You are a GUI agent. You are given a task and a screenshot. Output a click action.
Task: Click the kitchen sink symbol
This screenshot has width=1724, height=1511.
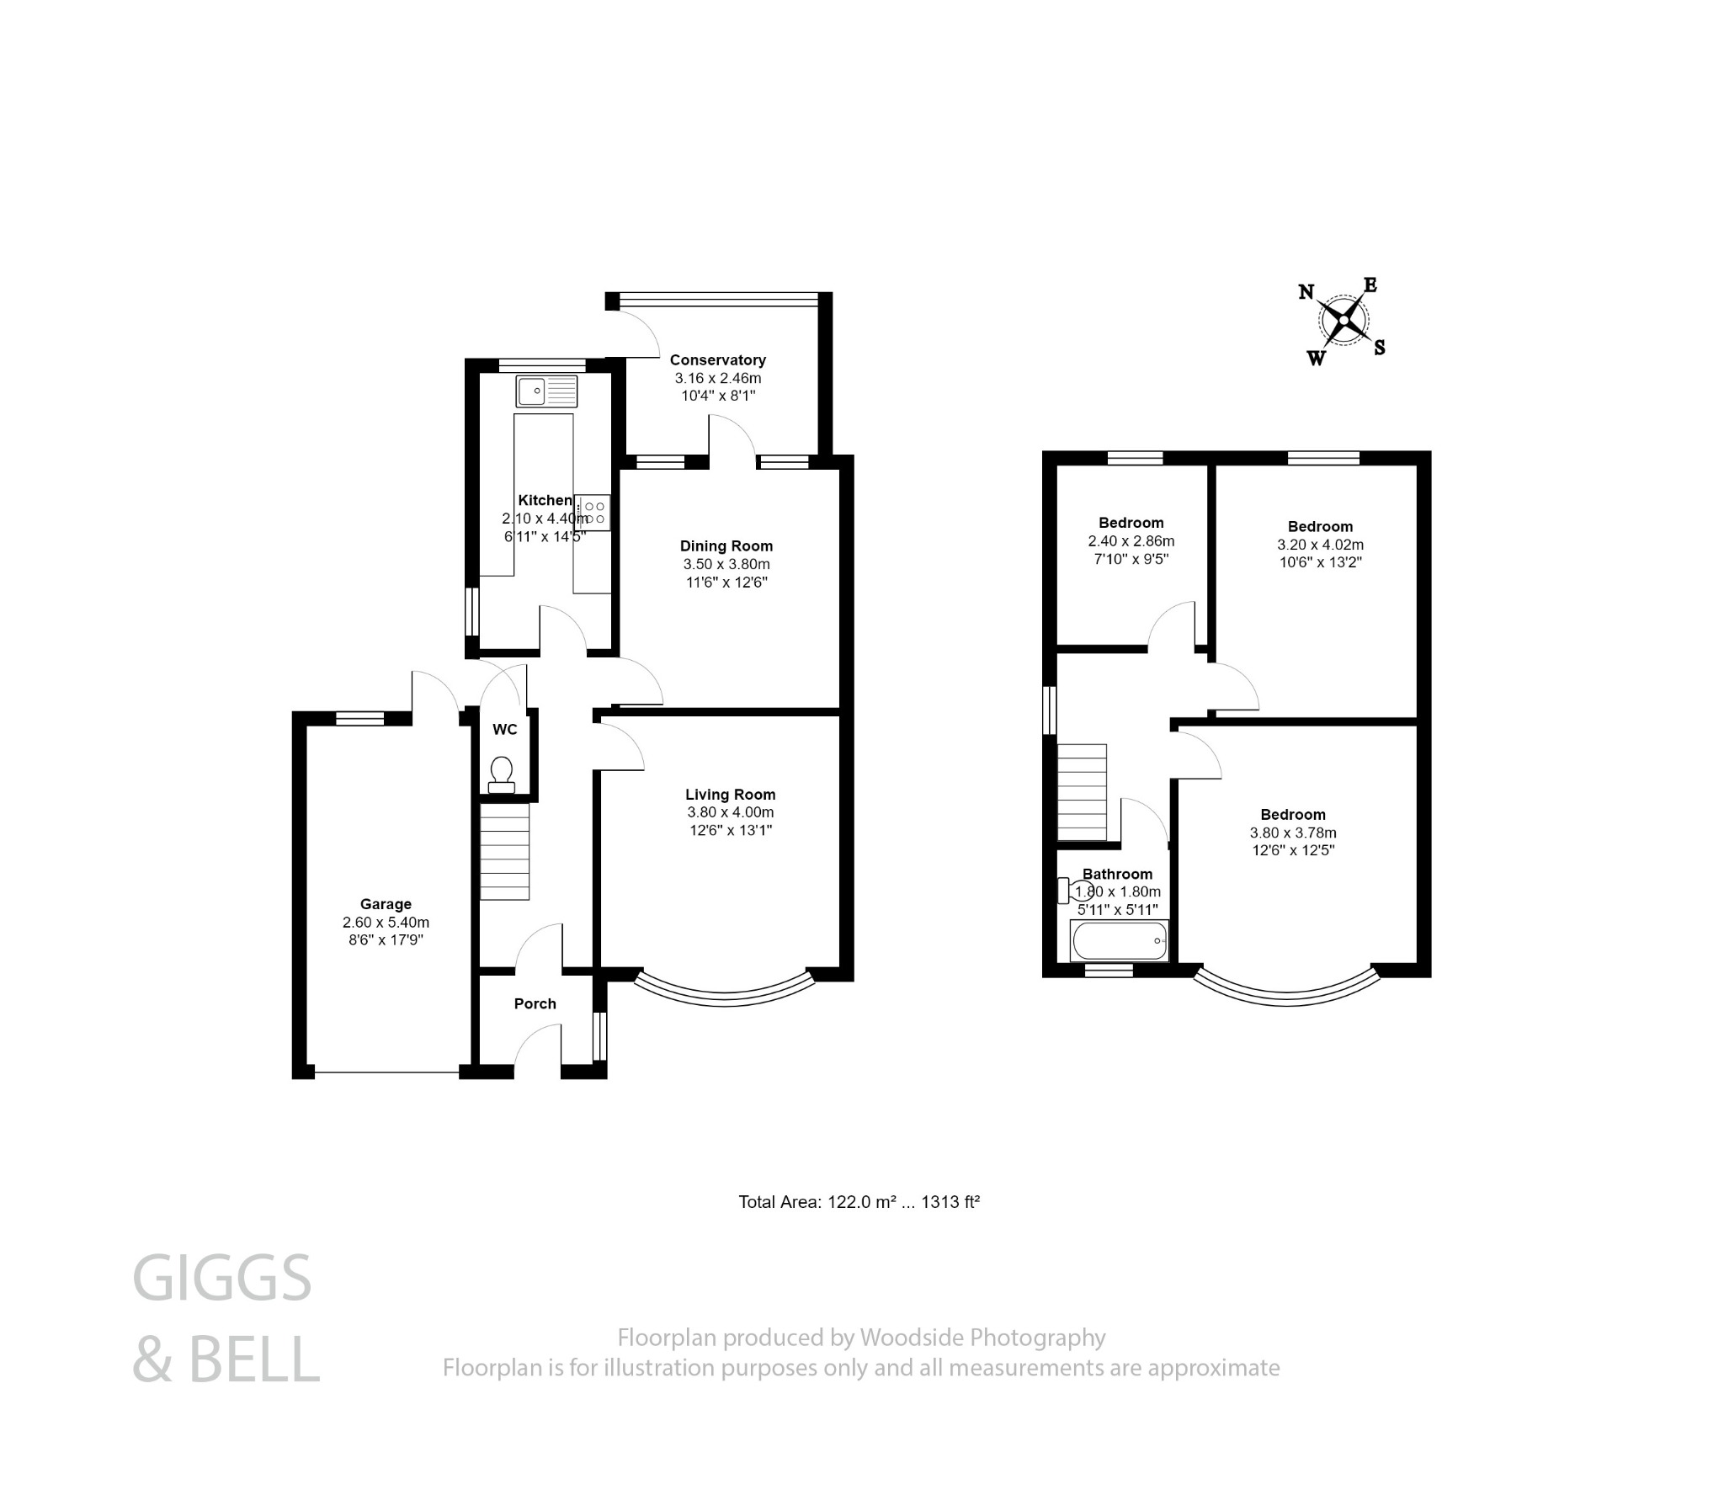click(546, 392)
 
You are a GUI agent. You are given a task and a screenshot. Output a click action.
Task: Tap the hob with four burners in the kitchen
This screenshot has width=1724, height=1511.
click(593, 513)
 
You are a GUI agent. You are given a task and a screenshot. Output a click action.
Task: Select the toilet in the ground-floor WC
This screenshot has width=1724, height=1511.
click(502, 774)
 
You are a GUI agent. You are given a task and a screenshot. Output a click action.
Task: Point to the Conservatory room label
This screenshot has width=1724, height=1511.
click(717, 360)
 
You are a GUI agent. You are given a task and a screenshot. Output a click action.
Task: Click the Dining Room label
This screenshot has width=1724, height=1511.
click(726, 546)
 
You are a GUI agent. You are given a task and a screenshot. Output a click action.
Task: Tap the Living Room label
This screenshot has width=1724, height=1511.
click(730, 795)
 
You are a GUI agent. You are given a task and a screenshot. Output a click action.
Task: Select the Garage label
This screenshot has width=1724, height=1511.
click(386, 904)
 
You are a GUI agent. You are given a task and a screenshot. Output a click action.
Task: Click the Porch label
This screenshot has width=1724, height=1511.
click(535, 1003)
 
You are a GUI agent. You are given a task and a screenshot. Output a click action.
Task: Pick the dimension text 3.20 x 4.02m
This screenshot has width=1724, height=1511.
click(1320, 545)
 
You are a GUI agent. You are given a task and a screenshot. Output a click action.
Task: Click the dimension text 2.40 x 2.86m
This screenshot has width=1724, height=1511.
click(1131, 541)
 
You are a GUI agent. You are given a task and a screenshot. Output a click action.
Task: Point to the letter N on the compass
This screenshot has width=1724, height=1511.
click(1306, 292)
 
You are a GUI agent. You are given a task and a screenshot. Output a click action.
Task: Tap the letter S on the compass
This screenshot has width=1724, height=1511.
click(1380, 347)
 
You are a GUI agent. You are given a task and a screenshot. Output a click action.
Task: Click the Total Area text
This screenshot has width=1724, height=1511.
click(858, 1201)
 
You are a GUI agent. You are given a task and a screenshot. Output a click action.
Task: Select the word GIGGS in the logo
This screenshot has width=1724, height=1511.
click(222, 1279)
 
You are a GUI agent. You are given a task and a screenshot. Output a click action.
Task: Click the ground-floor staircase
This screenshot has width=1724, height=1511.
click(505, 852)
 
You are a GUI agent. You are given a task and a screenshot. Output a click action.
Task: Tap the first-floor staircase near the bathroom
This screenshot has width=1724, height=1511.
click(1082, 792)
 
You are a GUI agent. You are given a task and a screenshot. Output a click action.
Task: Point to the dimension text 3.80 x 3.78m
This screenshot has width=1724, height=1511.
click(1293, 833)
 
